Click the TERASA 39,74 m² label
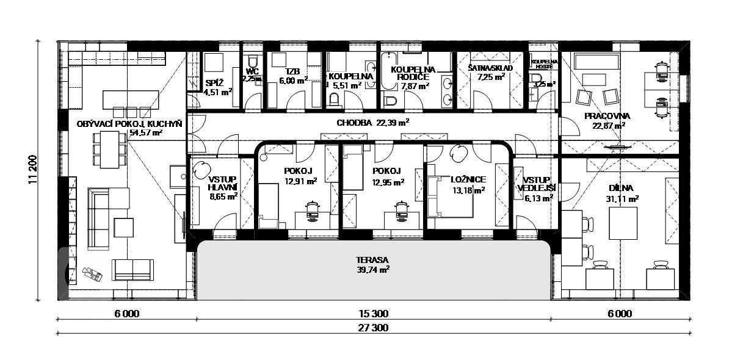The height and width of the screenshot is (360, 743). [x=373, y=265]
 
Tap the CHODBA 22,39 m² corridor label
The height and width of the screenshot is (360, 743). [x=372, y=123]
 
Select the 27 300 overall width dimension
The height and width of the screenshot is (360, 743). [x=373, y=328]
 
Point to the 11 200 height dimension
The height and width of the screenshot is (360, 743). [x=33, y=170]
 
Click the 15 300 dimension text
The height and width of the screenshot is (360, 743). [x=374, y=313]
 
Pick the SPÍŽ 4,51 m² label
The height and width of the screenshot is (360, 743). [x=218, y=87]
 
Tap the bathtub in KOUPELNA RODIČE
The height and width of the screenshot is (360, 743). [x=388, y=71]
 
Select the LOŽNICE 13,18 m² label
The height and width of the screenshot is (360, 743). [x=468, y=185]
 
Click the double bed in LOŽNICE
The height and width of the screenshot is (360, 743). [x=451, y=196]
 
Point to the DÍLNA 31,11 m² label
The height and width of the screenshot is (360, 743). [x=621, y=193]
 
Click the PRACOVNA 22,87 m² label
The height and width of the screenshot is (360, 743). [x=607, y=121]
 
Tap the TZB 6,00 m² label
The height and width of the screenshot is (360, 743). [x=293, y=76]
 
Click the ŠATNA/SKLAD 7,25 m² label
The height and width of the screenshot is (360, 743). [x=491, y=73]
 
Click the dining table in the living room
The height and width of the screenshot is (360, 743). [x=110, y=149]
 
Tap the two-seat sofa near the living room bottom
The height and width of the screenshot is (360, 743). [x=132, y=270]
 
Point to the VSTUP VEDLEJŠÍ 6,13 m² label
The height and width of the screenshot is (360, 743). [x=536, y=189]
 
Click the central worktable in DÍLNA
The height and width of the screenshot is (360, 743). [x=623, y=223]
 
